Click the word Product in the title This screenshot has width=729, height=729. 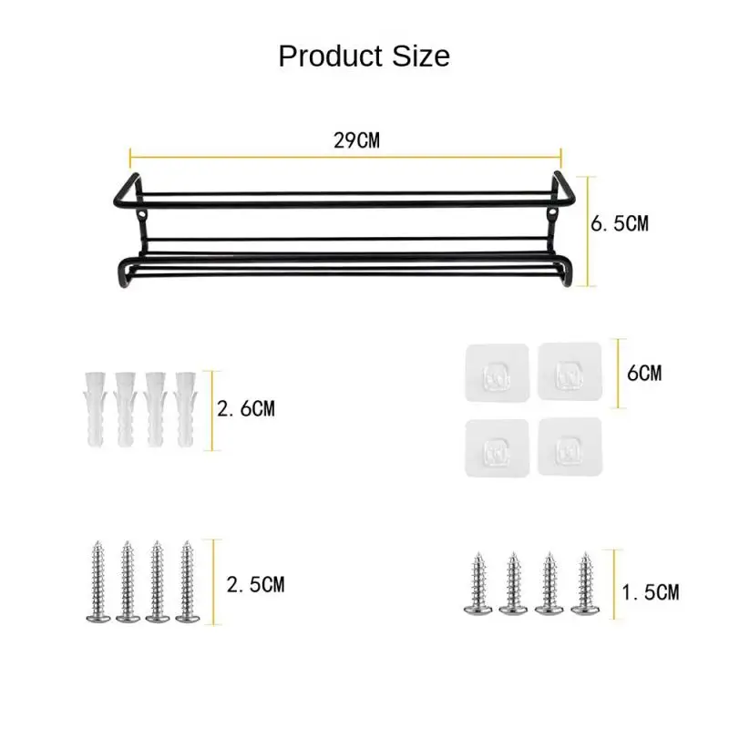pos(331,56)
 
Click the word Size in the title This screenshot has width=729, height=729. pos(421,56)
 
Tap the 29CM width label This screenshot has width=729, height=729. pos(356,140)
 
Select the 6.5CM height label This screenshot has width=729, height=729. pos(620,223)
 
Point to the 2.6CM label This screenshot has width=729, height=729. pos(246,408)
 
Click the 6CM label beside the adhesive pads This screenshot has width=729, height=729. pos(644,373)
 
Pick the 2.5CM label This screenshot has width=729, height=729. pos(255,584)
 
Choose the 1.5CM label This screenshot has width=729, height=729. pos(651,592)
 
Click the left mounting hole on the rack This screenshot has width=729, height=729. pos(142,215)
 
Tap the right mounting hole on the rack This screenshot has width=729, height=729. pos(552,213)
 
